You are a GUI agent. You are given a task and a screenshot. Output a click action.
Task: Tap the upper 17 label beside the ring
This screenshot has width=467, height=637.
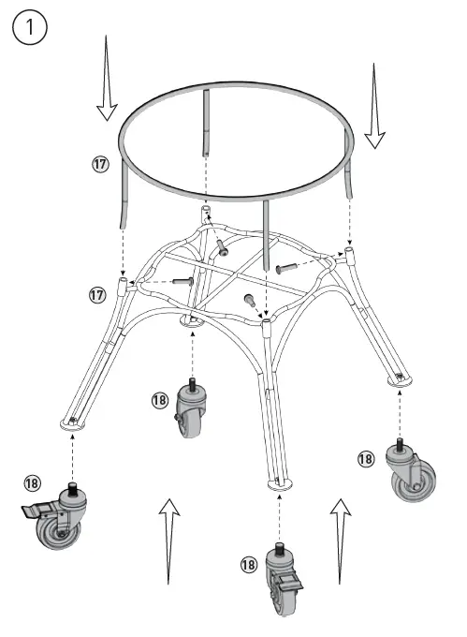click(x=100, y=164)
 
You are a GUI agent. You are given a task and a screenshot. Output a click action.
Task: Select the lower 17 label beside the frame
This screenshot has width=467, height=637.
click(x=96, y=294)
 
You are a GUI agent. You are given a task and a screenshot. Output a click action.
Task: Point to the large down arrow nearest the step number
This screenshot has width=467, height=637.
click(x=107, y=84)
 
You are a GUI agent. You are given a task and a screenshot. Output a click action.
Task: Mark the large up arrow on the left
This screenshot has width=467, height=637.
click(x=168, y=540)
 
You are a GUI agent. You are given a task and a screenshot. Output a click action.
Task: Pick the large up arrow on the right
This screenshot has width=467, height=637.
click(x=341, y=538)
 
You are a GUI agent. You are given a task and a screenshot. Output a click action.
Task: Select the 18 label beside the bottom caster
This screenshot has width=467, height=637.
click(x=248, y=564)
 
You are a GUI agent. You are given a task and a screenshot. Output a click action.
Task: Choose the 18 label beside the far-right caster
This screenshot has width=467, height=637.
click(x=366, y=458)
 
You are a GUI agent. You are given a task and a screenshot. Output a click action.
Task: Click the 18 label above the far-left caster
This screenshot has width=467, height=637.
click(x=33, y=482)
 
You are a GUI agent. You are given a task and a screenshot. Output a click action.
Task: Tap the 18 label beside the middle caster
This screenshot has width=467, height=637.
click(x=159, y=400)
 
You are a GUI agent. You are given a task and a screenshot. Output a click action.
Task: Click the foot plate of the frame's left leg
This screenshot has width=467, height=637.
click(x=72, y=422)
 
